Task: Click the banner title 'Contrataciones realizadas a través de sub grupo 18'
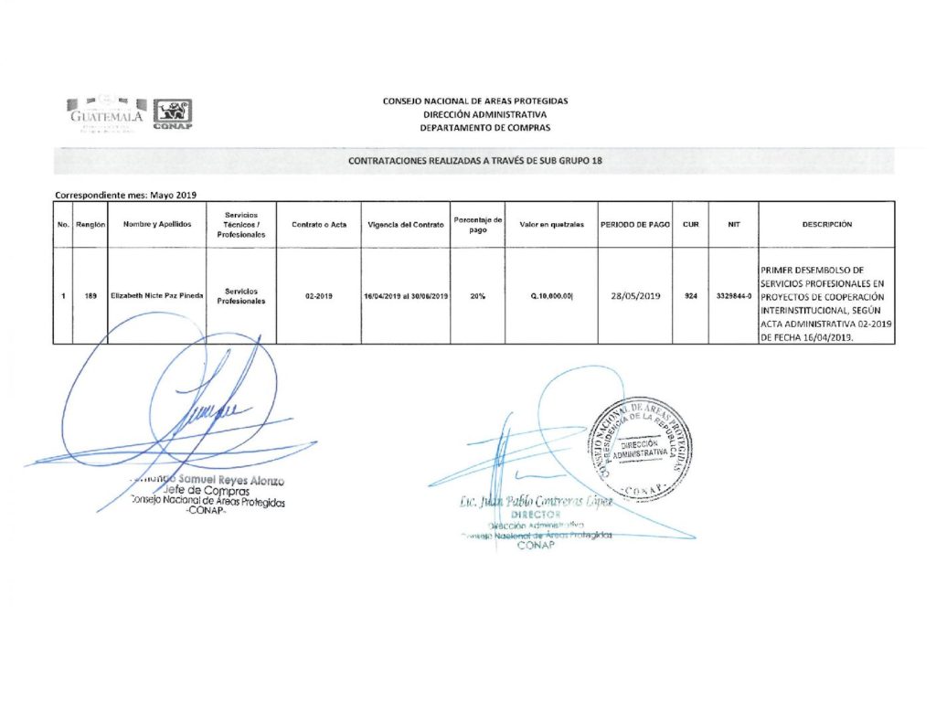[x=474, y=161]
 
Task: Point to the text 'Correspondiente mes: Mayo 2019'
[x=126, y=194]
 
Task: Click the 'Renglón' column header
[x=90, y=225]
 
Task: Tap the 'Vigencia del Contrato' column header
[x=405, y=225]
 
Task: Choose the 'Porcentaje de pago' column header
[x=478, y=225]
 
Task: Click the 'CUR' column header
[x=691, y=225]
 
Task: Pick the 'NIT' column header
[x=733, y=225]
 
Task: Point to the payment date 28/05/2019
[x=635, y=296]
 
